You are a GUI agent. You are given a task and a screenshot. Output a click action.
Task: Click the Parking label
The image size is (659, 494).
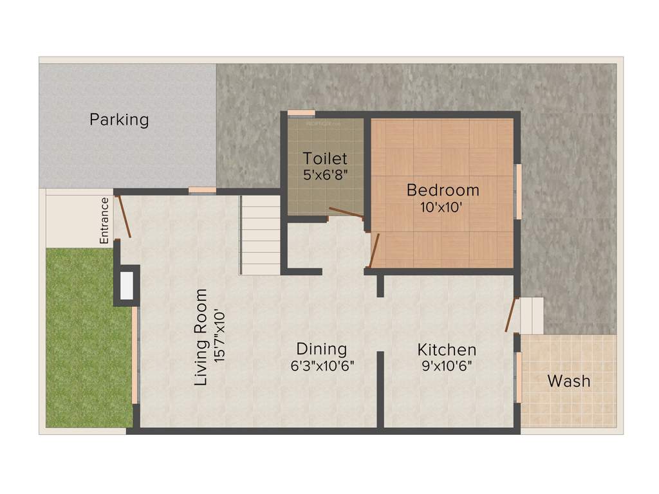coord(119,120)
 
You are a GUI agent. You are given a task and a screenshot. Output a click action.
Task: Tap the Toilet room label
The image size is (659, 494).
coord(325,158)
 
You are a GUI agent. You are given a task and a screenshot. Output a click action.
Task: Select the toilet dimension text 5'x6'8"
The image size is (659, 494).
coord(325,174)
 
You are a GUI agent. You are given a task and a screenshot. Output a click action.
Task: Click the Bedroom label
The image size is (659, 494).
coord(443,190)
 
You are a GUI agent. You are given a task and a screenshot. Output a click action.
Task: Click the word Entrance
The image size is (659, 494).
coord(104,221)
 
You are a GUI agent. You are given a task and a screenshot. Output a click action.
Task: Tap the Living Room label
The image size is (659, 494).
coord(201,337)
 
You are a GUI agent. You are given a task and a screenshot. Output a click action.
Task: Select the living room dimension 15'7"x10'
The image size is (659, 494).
coord(220,337)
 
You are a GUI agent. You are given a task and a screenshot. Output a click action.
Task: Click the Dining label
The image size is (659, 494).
coord(321,349)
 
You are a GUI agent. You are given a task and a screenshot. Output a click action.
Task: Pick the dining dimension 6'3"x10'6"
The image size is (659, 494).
coord(321,365)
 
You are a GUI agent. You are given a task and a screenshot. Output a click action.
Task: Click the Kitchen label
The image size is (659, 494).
coord(447,350)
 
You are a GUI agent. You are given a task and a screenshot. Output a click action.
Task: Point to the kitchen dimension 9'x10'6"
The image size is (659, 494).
coord(447,366)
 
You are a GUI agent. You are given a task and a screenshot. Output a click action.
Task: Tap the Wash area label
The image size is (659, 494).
coord(568,381)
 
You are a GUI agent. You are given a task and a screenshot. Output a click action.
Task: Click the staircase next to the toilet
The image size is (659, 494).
coord(261,235)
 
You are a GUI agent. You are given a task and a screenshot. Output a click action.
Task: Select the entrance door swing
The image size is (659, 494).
coord(124,215)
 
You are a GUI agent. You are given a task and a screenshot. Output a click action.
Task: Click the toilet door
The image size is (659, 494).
coord(346,213)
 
